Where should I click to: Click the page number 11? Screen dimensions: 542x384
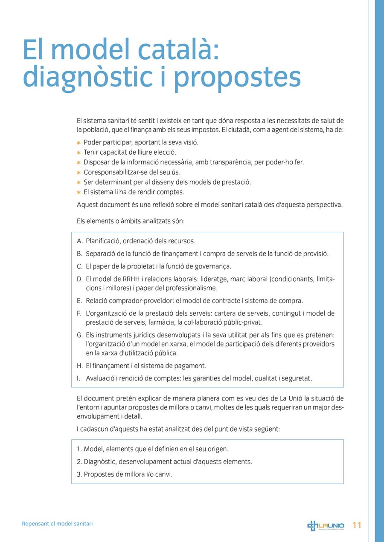[x=357, y=525]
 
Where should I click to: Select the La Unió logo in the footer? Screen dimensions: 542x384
[x=326, y=525]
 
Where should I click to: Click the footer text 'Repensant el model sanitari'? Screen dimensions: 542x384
[x=57, y=524]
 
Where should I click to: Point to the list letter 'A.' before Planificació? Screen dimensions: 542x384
[x=80, y=241]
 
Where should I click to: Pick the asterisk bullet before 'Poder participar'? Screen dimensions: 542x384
[x=79, y=143]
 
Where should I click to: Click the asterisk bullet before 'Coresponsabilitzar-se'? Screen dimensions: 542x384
[x=79, y=173]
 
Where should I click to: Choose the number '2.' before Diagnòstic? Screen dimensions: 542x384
[x=79, y=462]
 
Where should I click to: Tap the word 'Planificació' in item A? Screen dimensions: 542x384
[x=103, y=241]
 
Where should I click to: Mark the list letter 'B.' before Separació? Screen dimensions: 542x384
[x=80, y=254]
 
